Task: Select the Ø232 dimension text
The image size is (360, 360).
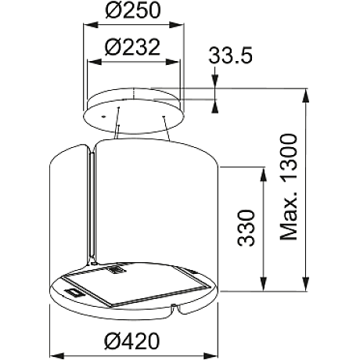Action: tap(133, 46)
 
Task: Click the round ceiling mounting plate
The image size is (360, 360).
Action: tap(135, 107)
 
